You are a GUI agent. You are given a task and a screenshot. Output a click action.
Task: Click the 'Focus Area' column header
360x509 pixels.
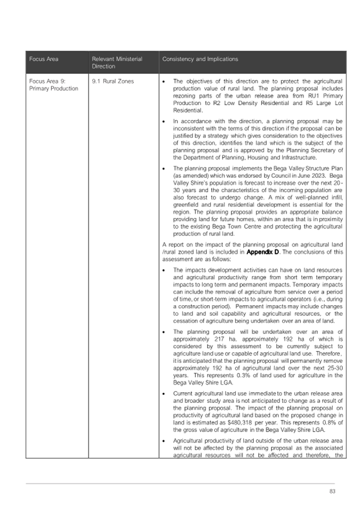[x=44, y=59]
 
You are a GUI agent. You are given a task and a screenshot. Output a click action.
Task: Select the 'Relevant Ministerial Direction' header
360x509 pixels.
[x=117, y=62]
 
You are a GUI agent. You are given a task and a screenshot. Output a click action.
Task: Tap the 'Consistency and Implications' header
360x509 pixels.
[x=200, y=59]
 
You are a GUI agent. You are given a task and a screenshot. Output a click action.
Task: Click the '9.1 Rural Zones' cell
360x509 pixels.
[x=113, y=81]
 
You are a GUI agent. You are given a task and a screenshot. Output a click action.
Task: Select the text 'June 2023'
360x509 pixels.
[x=303, y=175]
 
